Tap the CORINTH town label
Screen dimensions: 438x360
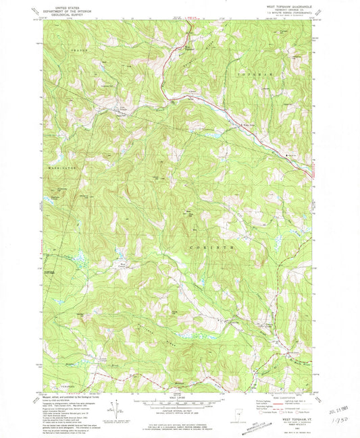217,248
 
